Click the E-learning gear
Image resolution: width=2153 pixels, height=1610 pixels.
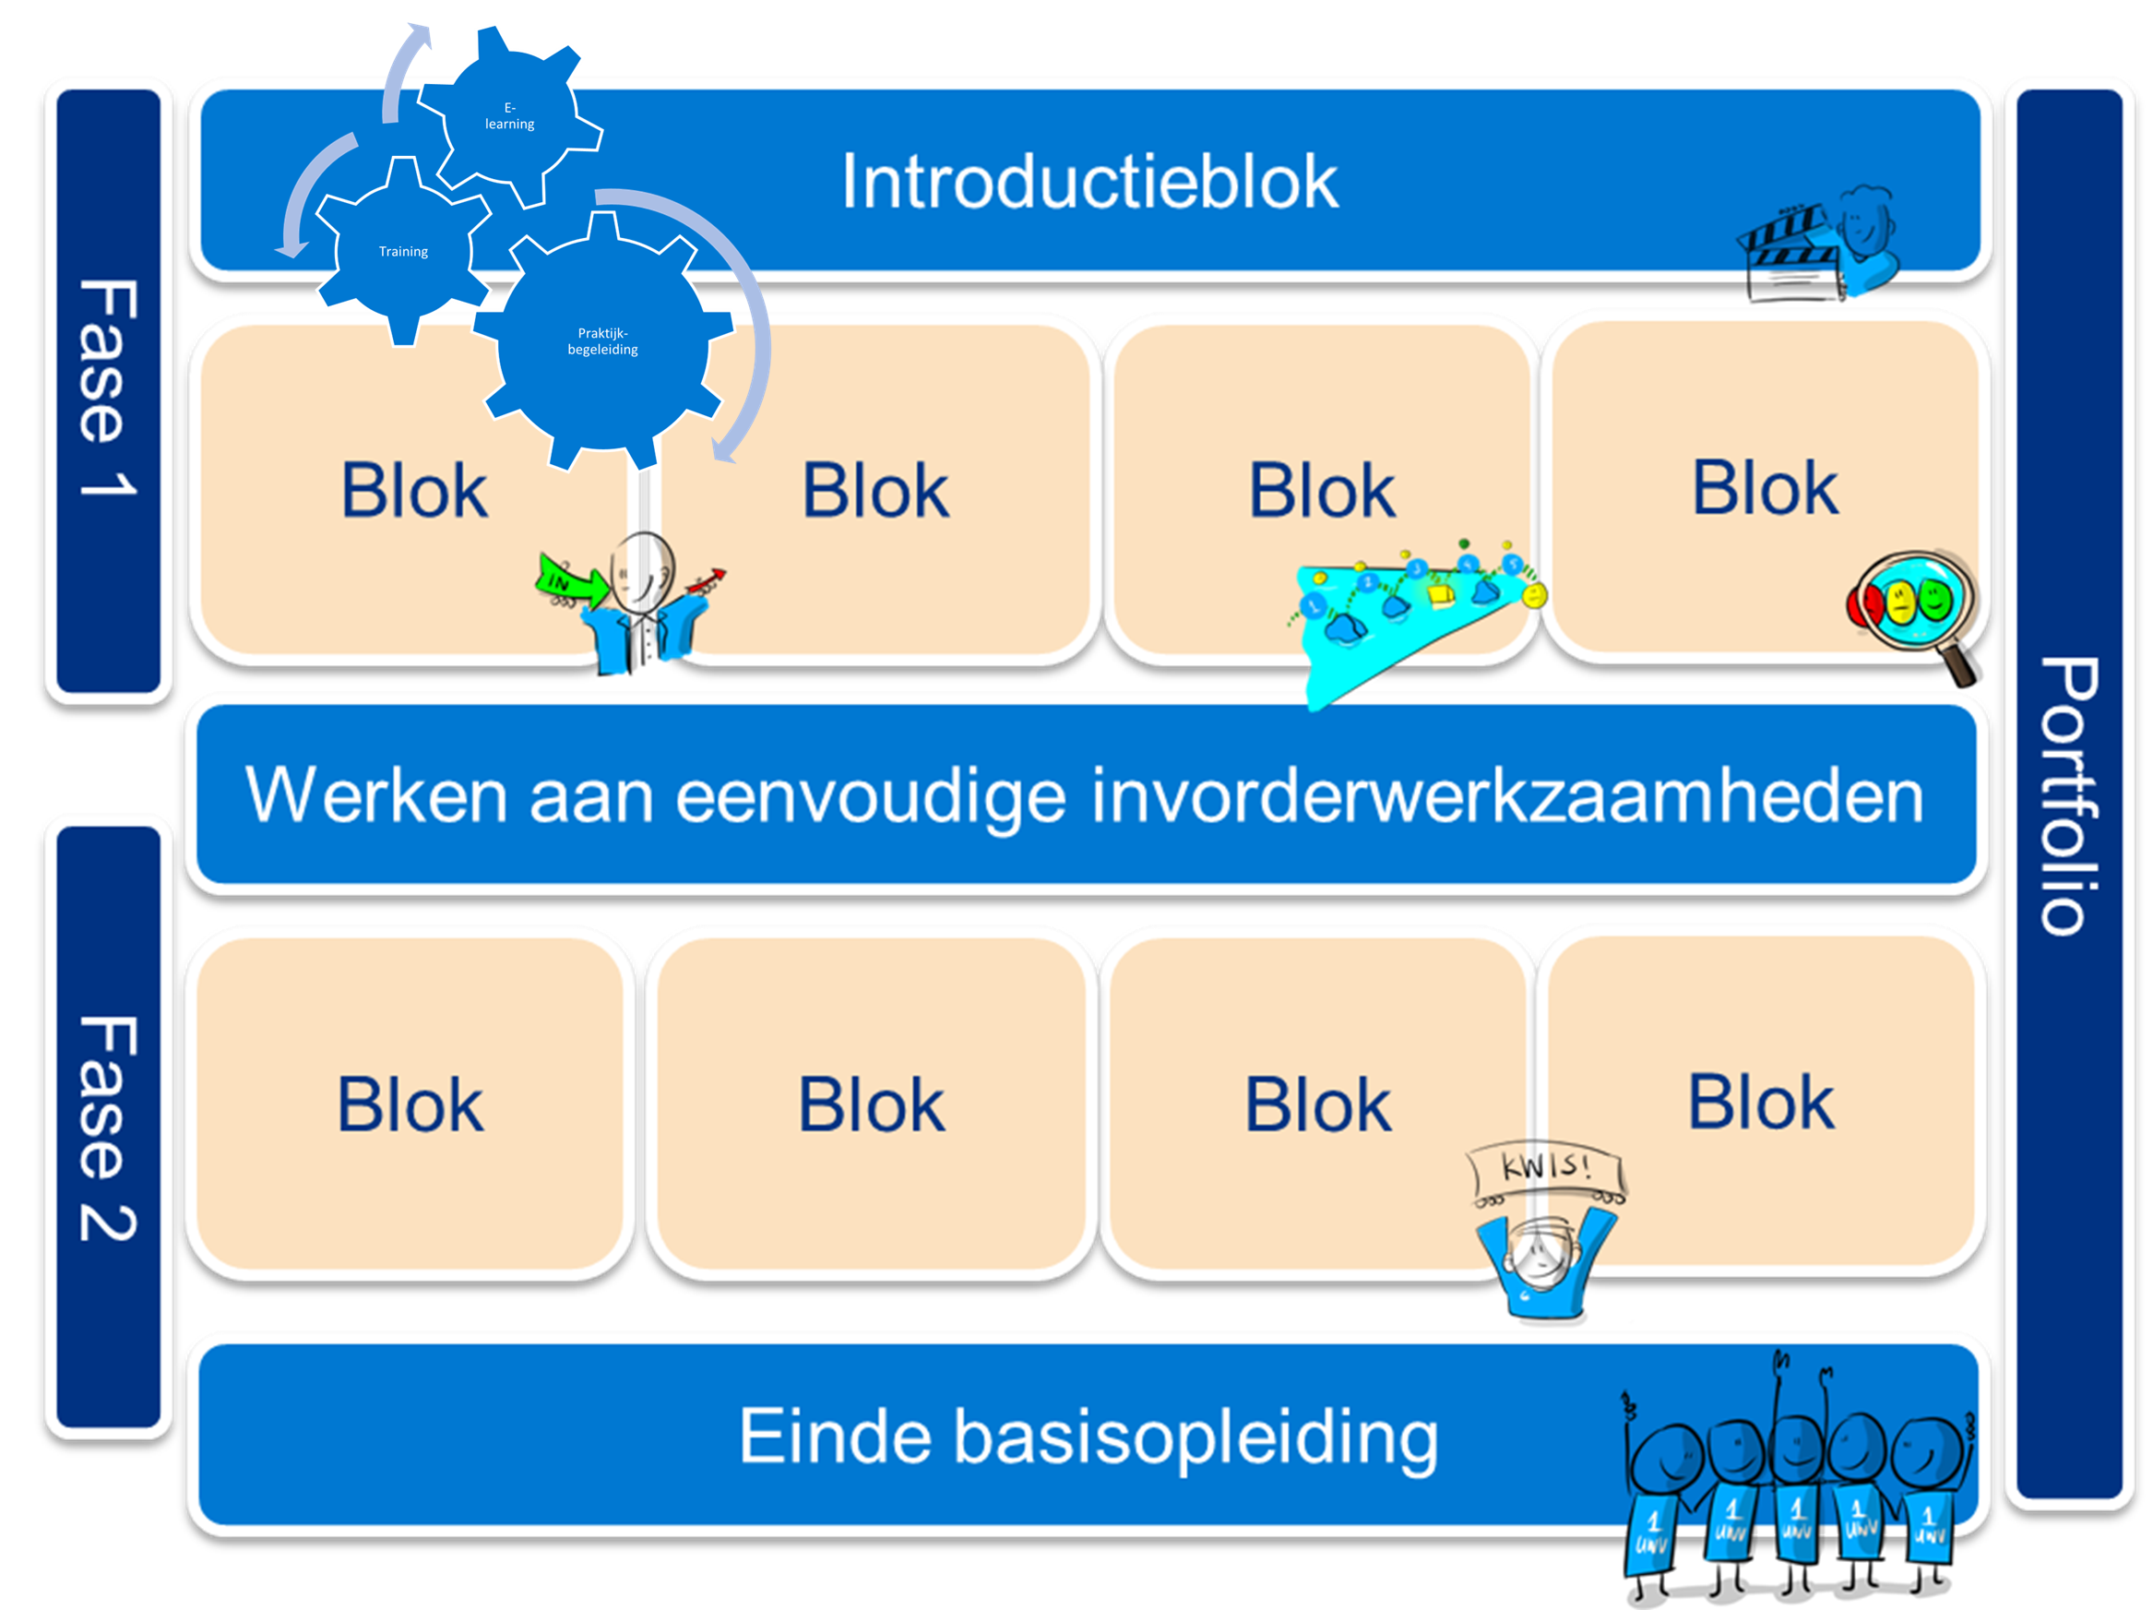pyautogui.click(x=509, y=116)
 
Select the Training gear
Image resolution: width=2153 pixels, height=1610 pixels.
pyautogui.click(x=403, y=251)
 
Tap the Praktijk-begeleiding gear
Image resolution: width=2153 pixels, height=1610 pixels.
pyautogui.click(x=602, y=341)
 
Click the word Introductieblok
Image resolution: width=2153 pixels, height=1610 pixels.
pyautogui.click(x=1089, y=182)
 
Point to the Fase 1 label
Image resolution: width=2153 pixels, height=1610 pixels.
pyautogui.click(x=107, y=389)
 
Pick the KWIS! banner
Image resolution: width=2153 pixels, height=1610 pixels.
pyautogui.click(x=1546, y=1168)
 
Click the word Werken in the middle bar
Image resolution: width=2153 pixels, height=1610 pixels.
pyautogui.click(x=375, y=795)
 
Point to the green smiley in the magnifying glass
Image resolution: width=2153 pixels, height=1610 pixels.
pyautogui.click(x=1935, y=598)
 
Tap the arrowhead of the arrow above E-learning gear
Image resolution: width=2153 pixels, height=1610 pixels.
pyautogui.click(x=422, y=36)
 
